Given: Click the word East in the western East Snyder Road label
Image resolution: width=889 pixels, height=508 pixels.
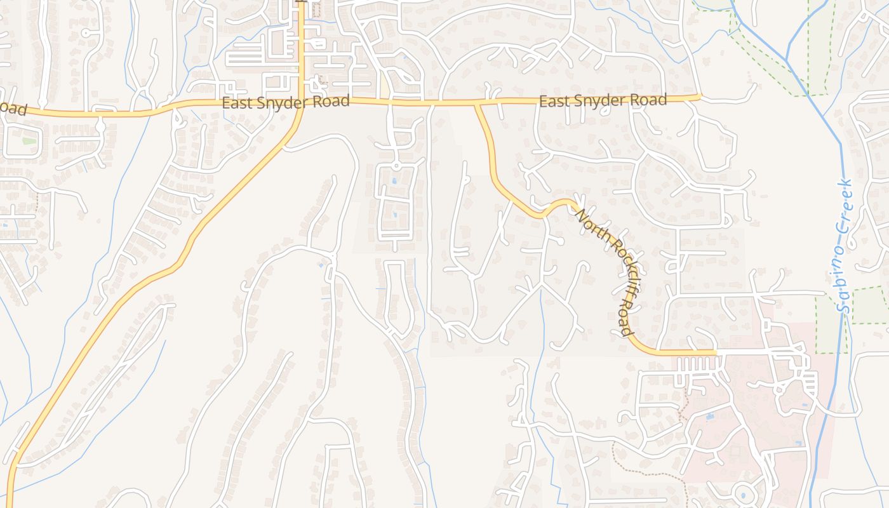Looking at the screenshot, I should point(236,103).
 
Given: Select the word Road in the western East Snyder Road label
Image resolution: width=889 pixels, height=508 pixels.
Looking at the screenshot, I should point(334,101).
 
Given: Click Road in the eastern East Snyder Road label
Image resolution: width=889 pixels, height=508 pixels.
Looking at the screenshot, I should point(652,100).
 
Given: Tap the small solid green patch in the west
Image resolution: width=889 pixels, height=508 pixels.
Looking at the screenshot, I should point(29,140).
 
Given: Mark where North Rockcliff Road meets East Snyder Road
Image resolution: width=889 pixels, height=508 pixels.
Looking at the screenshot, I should point(477,103).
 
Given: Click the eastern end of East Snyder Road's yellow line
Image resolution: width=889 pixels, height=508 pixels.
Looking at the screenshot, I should point(699,97).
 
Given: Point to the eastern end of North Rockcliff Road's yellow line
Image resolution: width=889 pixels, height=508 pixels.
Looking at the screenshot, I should point(716,351).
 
